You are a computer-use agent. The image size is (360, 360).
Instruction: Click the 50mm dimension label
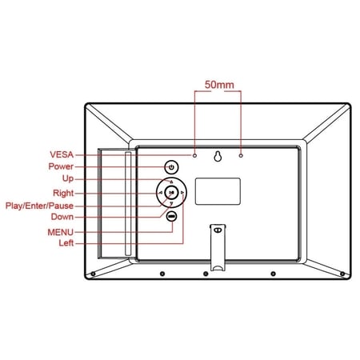[x=219, y=85]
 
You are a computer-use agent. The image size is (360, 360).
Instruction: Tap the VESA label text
[x=62, y=154]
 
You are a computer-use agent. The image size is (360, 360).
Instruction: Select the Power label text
[x=61, y=166]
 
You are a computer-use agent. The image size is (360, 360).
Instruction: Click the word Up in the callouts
[x=68, y=178]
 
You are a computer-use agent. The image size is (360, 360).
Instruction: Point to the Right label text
[x=63, y=193]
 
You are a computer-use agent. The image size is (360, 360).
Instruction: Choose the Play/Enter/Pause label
[x=39, y=206]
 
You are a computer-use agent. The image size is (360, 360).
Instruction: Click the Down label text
[x=62, y=217]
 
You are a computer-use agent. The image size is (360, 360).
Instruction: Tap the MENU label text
[x=60, y=232]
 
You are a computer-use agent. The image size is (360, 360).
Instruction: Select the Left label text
[x=66, y=243]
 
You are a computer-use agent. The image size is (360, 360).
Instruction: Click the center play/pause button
[x=171, y=192]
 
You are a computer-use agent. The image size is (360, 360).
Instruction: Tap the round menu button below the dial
[x=171, y=216]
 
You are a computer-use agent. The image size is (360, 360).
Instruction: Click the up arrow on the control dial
[x=171, y=182]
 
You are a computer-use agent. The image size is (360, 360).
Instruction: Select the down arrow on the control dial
[x=171, y=203]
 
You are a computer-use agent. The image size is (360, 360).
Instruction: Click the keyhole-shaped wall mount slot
[x=218, y=157]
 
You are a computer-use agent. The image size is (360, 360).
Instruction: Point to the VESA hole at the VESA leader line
[x=194, y=155]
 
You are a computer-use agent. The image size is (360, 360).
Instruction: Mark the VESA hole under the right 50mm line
[x=241, y=155]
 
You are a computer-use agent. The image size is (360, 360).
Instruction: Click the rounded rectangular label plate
[x=218, y=191]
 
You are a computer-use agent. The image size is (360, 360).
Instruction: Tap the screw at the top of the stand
[x=218, y=230]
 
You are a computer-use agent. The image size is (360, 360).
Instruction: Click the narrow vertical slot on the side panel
[x=128, y=204]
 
